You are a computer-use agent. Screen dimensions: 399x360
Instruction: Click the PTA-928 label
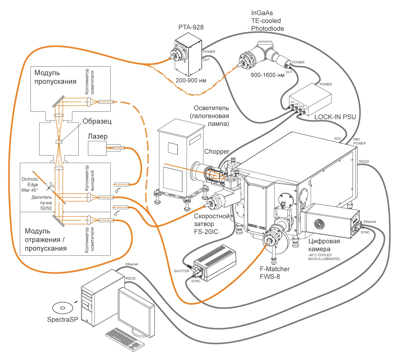click(191, 27)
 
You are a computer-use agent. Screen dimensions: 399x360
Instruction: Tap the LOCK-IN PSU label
click(335, 117)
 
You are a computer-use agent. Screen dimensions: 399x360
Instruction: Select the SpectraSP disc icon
click(63, 308)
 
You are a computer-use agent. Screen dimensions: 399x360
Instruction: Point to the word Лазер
click(98, 136)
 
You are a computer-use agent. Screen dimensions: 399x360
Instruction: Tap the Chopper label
click(217, 151)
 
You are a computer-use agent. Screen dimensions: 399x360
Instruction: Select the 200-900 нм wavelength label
click(191, 80)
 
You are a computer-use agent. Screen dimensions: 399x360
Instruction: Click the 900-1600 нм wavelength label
click(268, 75)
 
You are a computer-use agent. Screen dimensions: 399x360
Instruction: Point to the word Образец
click(97, 121)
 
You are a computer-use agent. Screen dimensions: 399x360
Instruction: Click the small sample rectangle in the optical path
click(59, 142)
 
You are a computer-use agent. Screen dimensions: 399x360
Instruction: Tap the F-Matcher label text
click(275, 269)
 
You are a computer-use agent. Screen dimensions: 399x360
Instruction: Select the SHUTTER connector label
click(181, 271)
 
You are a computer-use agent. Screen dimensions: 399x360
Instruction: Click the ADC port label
click(337, 138)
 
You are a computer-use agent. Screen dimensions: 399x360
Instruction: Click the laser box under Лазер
click(97, 148)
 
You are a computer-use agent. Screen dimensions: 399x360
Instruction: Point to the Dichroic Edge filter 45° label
click(30, 184)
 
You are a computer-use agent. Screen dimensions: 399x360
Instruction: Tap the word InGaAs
click(262, 13)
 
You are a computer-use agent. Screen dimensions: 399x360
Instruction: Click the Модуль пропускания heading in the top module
click(55, 77)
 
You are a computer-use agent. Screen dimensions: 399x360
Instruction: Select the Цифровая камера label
click(324, 245)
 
